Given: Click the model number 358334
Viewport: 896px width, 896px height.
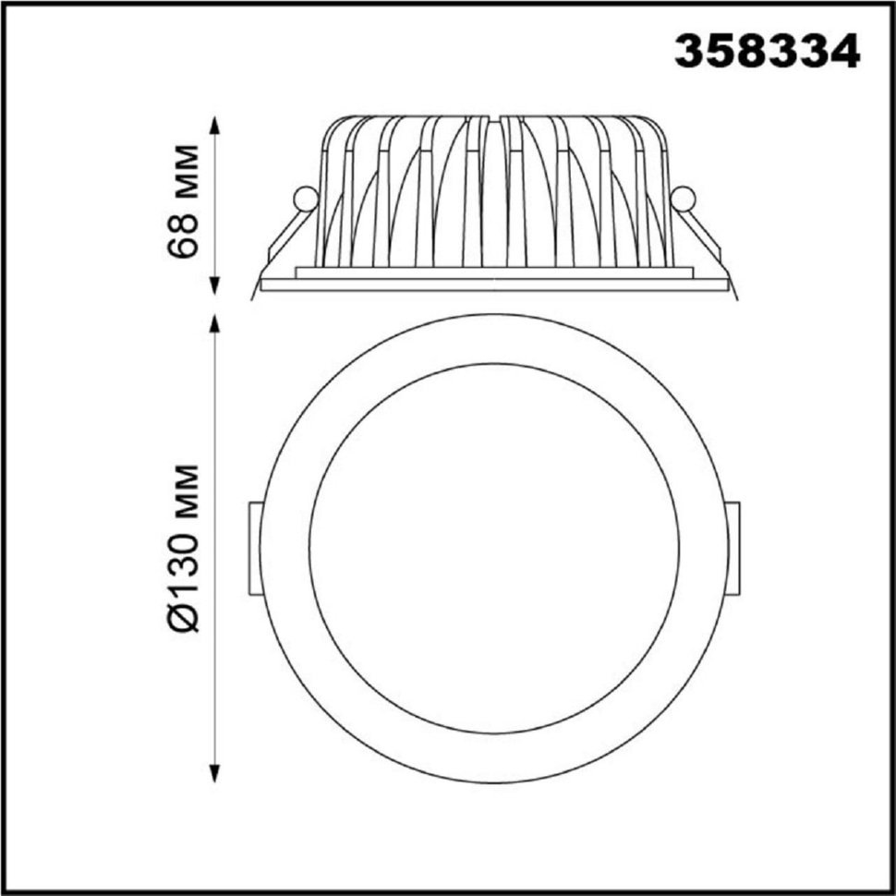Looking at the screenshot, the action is click(768, 51).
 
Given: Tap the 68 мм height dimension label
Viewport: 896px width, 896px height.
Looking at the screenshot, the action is click(184, 202).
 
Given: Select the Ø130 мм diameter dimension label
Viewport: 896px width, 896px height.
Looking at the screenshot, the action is click(184, 548).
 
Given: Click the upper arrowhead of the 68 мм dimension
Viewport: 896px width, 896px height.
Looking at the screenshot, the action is click(215, 126).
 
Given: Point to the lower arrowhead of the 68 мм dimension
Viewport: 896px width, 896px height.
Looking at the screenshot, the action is click(215, 285).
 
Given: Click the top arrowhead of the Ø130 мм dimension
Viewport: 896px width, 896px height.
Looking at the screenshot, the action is click(215, 323).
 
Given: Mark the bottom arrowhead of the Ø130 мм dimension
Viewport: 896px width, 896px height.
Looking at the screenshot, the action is click(215, 773).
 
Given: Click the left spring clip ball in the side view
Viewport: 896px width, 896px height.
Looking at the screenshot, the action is click(305, 200).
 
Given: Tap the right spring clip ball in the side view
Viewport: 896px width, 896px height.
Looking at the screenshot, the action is click(683, 200).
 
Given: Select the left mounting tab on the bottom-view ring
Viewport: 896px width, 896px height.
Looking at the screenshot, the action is click(255, 549).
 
